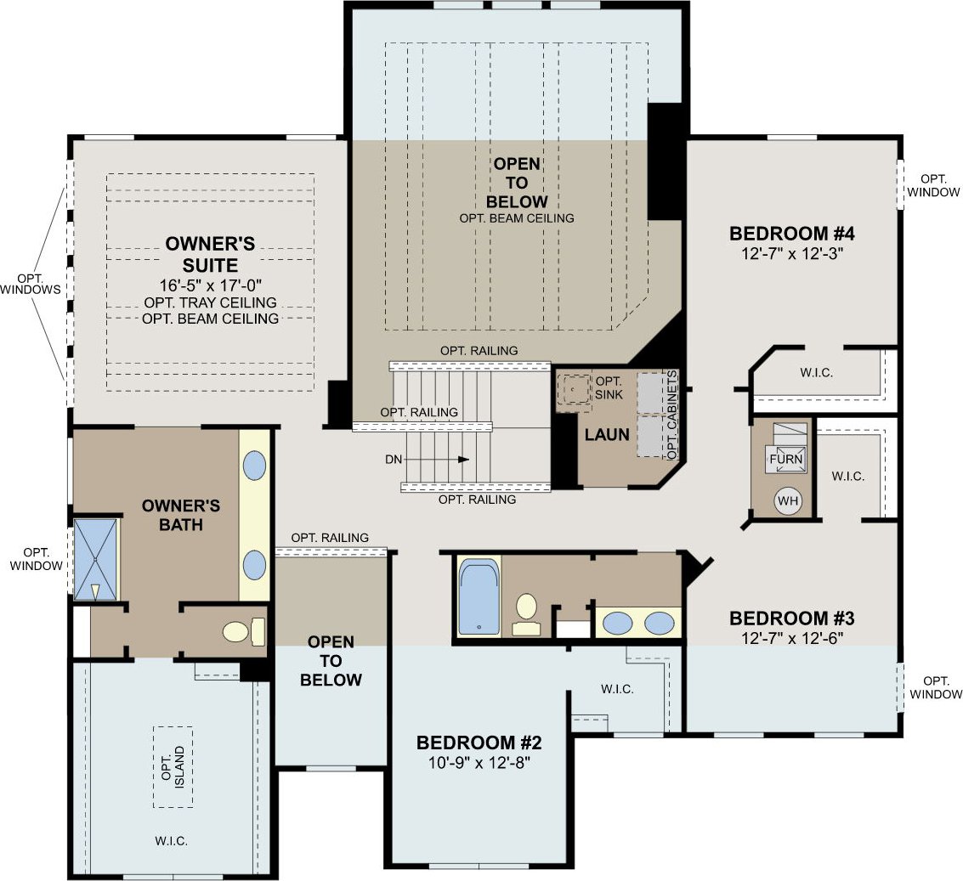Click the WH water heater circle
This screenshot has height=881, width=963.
[x=788, y=500]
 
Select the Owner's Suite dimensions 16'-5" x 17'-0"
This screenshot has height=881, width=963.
[x=211, y=285]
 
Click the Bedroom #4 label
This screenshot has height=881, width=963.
[x=792, y=234]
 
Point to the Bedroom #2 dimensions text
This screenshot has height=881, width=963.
[x=479, y=763]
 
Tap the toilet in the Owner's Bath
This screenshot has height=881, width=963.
[x=245, y=632]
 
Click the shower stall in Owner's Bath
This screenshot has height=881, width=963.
[x=95, y=559]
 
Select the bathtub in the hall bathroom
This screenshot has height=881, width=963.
[x=479, y=596]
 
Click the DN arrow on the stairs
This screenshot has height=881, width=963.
[x=436, y=460]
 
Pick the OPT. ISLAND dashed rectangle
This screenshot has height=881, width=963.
[x=173, y=767]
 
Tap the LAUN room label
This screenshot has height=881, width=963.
[x=607, y=435]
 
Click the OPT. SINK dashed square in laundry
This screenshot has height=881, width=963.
[x=573, y=389]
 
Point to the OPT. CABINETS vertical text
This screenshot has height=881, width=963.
[x=671, y=415]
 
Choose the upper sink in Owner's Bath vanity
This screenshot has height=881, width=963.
[x=254, y=466]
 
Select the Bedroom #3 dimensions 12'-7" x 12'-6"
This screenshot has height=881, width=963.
[x=792, y=639]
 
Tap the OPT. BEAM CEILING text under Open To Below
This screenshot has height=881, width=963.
[x=517, y=218]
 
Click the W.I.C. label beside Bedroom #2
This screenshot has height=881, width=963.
[x=617, y=690]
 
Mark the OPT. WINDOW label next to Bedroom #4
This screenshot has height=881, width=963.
[x=933, y=185]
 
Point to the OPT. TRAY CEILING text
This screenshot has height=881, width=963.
[x=211, y=302]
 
